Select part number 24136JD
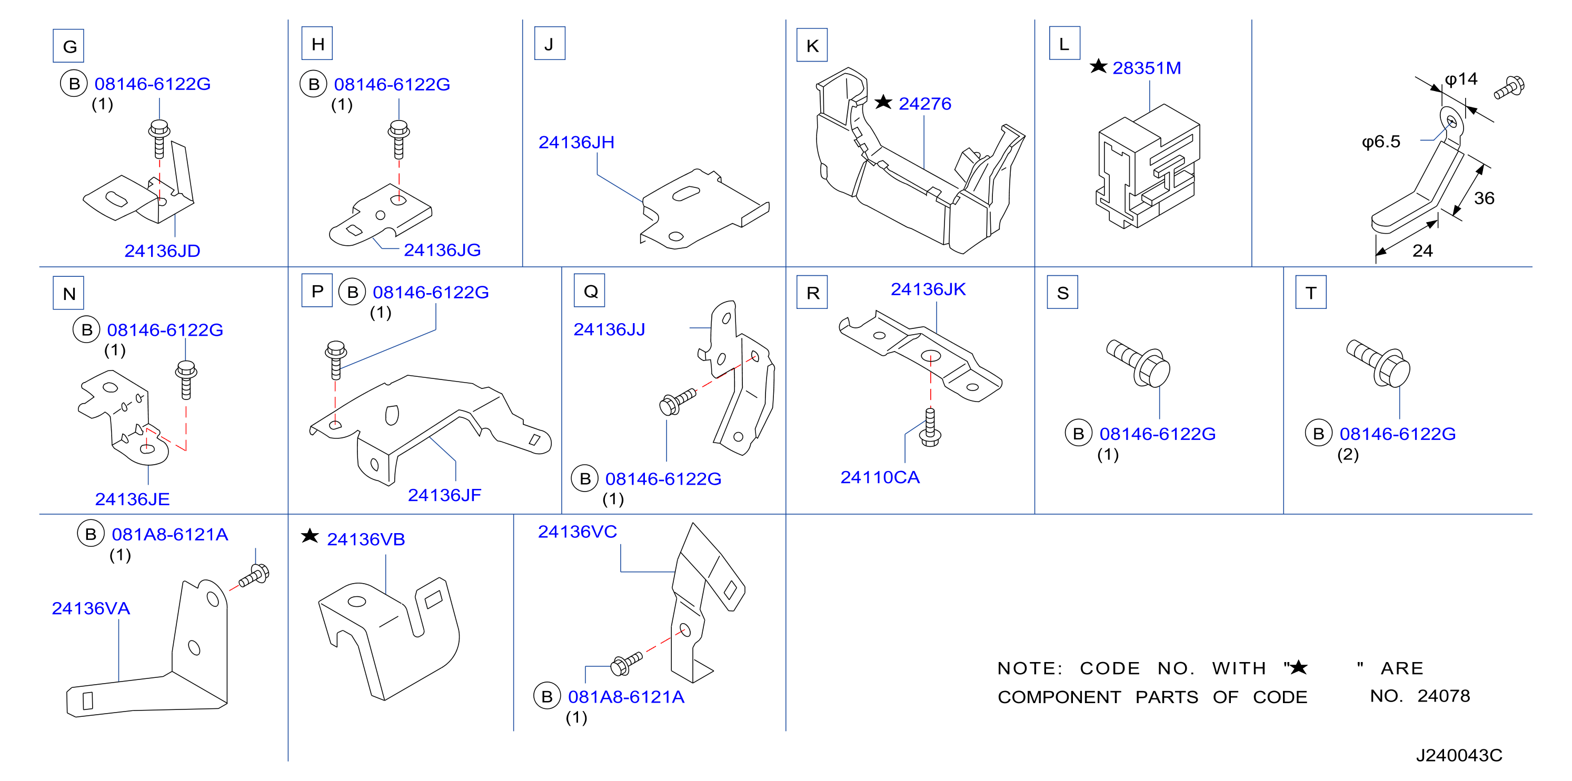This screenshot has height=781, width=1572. [x=162, y=251]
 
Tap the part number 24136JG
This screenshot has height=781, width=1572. [x=442, y=250]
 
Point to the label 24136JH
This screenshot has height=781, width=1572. [x=576, y=142]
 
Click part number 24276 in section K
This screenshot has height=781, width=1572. [x=924, y=104]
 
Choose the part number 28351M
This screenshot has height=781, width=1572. [x=1147, y=68]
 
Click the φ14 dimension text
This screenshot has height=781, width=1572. [x=1461, y=79]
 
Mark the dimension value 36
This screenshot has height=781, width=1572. [x=1484, y=198]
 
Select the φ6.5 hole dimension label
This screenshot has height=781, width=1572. [x=1381, y=142]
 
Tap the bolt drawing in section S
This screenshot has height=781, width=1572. [x=1139, y=363]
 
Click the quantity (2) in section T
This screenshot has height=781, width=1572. [x=1348, y=455]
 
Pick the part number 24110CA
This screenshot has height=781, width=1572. [x=880, y=477]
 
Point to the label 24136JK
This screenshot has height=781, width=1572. [x=928, y=289]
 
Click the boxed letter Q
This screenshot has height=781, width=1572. [x=590, y=291]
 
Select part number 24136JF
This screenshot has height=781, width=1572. [x=444, y=495]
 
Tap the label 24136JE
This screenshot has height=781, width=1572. [x=133, y=499]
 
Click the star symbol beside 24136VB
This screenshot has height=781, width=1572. [x=310, y=536]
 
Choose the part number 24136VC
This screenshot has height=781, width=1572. [x=578, y=532]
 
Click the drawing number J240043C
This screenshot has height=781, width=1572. [x=1459, y=755]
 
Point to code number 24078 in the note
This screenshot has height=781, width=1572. [x=1444, y=696]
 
